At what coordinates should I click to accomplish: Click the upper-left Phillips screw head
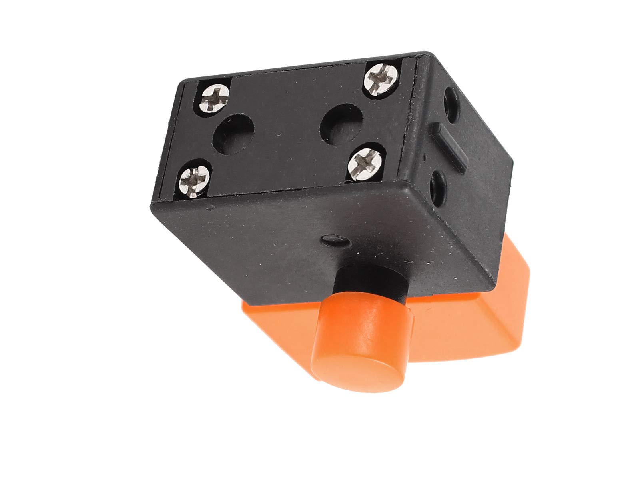[215, 96]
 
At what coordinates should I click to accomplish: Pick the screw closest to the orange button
[362, 162]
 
